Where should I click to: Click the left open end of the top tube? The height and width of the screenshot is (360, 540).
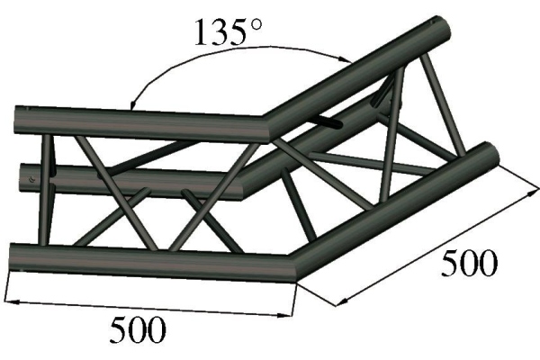point(22,122)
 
